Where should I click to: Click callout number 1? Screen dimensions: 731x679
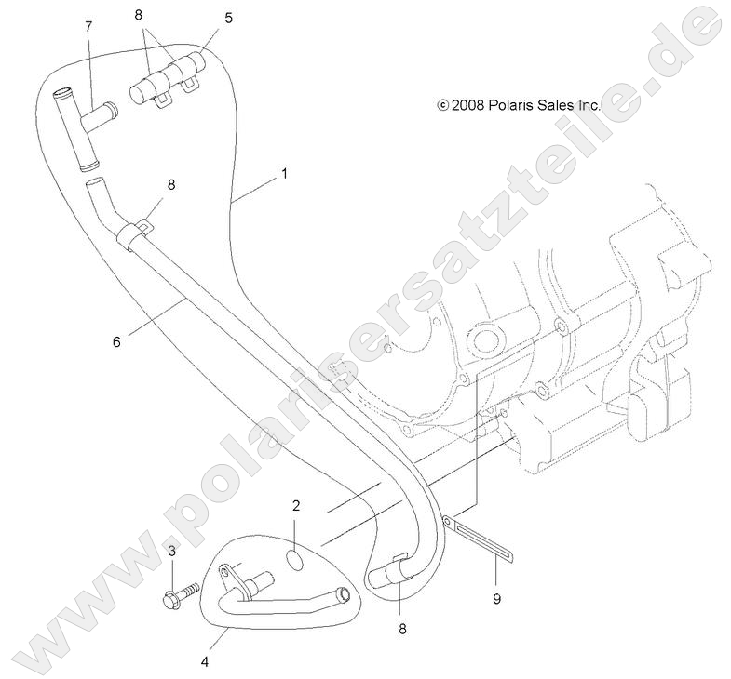[x=284, y=174]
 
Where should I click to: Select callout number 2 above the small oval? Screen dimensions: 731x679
[x=296, y=506]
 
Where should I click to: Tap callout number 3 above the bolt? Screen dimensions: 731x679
[x=172, y=552]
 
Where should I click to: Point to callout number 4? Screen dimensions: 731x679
[x=205, y=661]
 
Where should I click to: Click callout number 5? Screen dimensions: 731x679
[x=228, y=19]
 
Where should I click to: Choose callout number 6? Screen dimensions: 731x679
[x=116, y=342]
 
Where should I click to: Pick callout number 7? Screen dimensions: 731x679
[x=88, y=27]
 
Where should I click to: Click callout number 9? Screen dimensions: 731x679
[x=496, y=599]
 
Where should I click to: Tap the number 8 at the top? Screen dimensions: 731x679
[x=138, y=15]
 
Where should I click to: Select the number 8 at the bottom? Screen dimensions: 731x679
[x=402, y=629]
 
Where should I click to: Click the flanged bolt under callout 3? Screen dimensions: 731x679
[x=181, y=594]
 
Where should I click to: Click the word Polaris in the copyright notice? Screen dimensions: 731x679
[x=511, y=105]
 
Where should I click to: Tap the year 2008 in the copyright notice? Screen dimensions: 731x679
[x=468, y=105]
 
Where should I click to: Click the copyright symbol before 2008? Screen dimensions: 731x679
[x=443, y=105]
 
